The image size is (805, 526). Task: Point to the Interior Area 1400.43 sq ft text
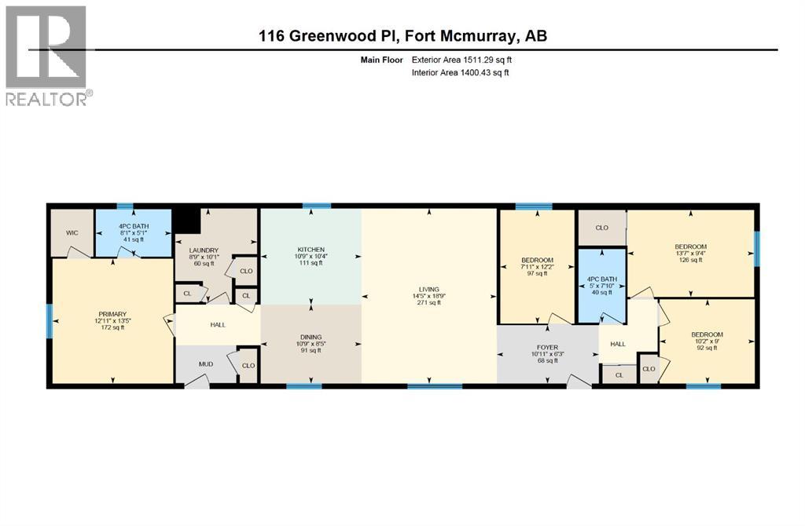[460, 72]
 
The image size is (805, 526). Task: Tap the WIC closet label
[71, 232]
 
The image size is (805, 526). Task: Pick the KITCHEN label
[311, 249]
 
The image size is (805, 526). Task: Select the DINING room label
[311, 334]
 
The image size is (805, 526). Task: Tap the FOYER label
[547, 346]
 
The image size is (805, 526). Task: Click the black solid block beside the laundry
[187, 219]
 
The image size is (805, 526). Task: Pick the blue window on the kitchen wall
[317, 206]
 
